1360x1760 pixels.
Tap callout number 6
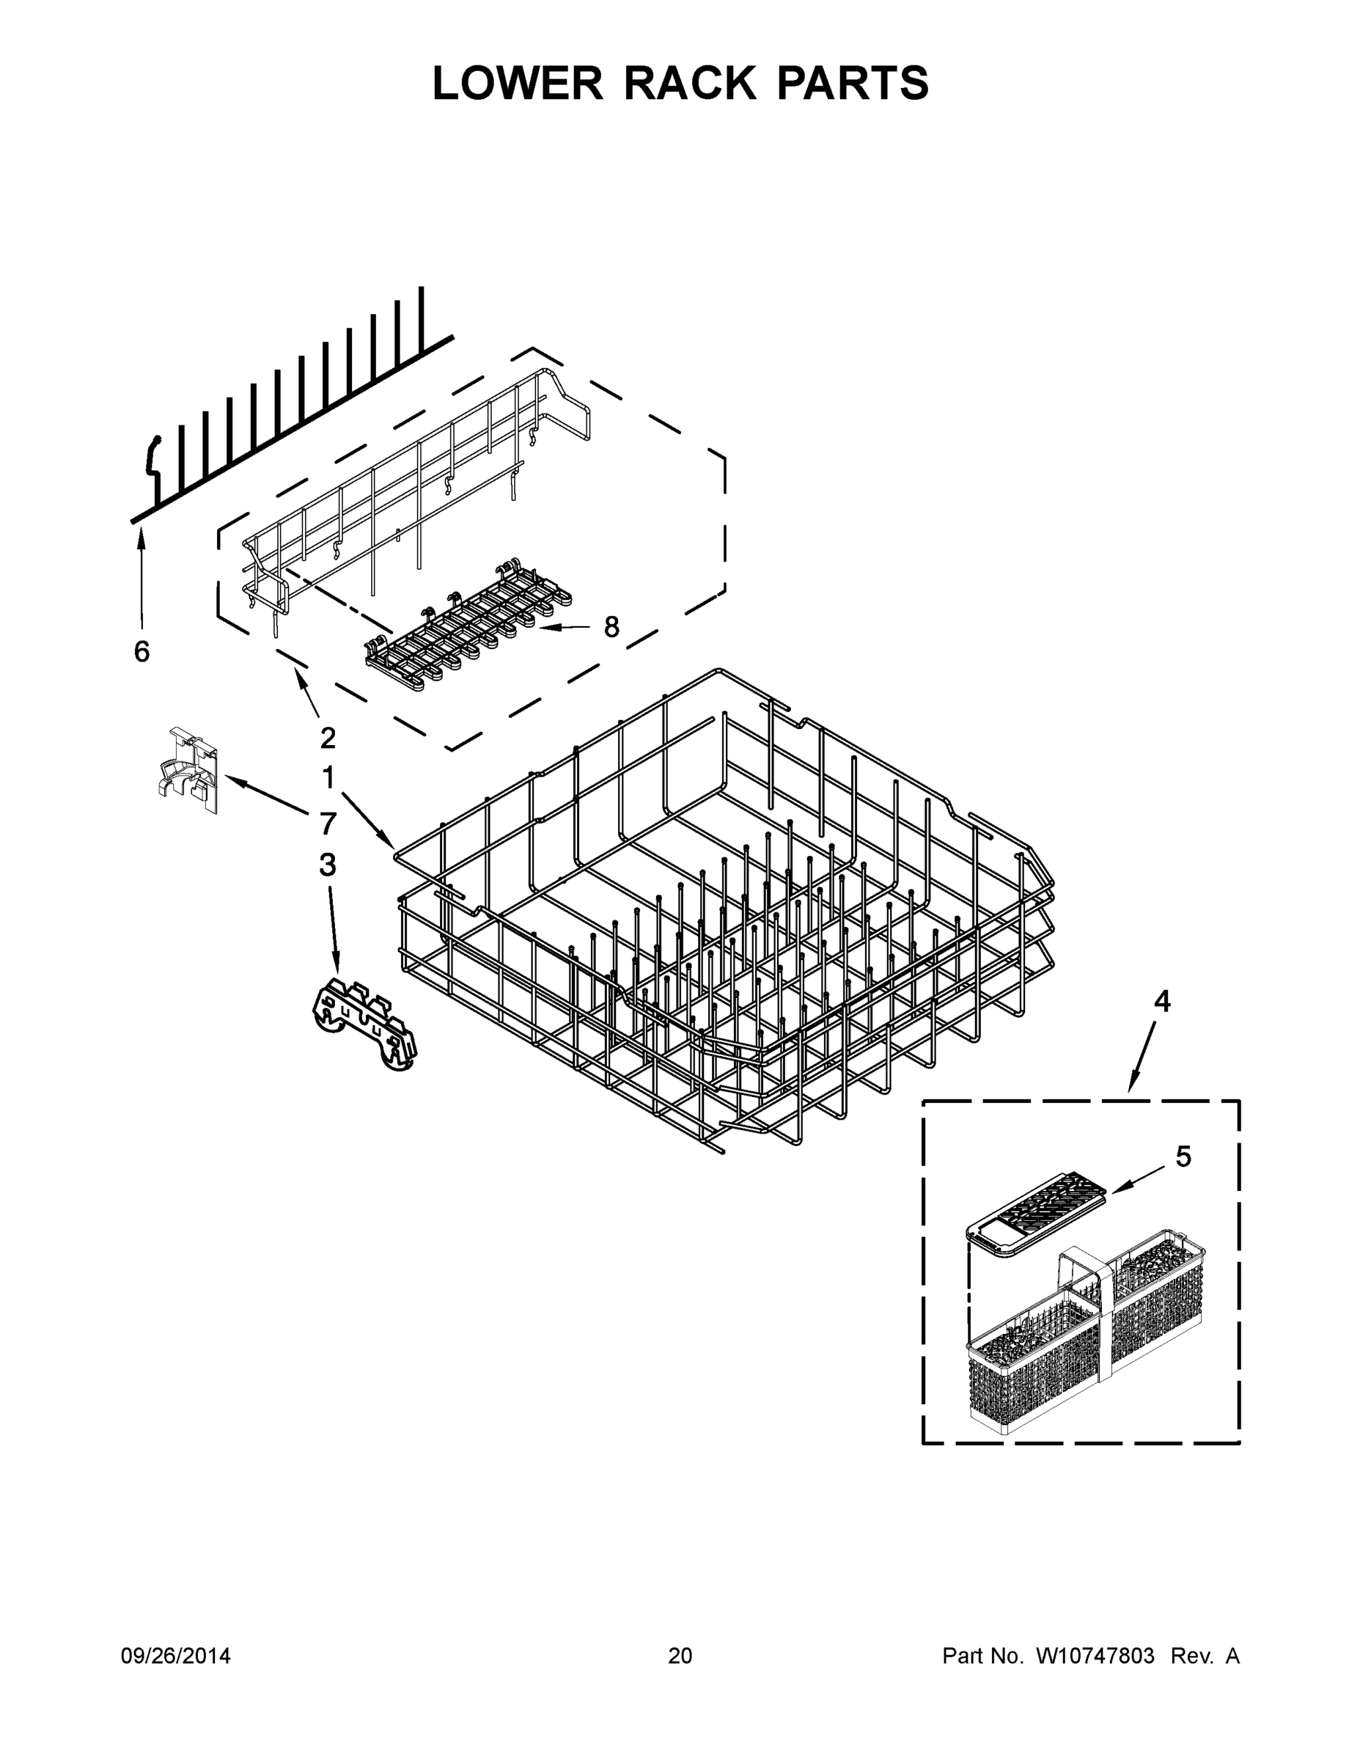(x=141, y=651)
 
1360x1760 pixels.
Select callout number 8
(x=611, y=626)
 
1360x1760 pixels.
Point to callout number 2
(x=327, y=737)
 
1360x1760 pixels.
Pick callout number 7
(x=327, y=824)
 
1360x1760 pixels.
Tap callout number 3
(x=327, y=865)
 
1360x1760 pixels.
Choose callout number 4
(x=1161, y=1002)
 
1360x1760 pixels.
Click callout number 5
(x=1183, y=1156)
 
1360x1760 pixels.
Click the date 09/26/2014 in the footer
(x=176, y=1656)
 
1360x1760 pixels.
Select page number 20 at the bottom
(x=680, y=1656)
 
